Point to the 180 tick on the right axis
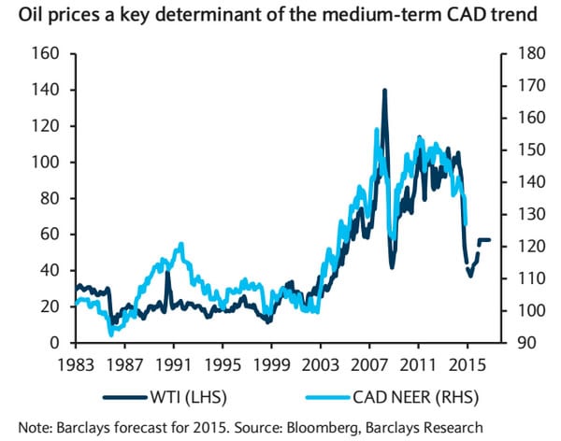tap(520, 54)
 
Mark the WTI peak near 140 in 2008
tap(384, 91)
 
